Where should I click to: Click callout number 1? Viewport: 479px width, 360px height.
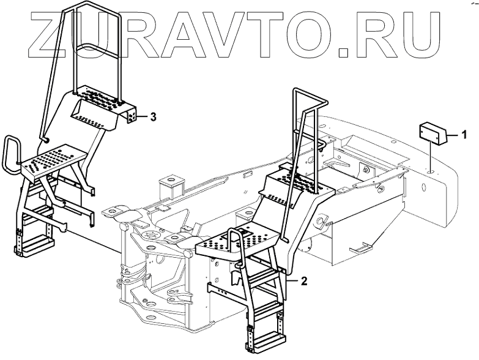point(465,133)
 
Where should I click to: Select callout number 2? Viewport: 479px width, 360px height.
point(304,282)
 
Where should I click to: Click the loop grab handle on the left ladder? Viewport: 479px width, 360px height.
point(12,153)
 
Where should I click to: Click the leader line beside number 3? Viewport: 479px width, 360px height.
point(141,115)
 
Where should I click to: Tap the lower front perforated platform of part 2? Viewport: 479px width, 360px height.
point(229,246)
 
